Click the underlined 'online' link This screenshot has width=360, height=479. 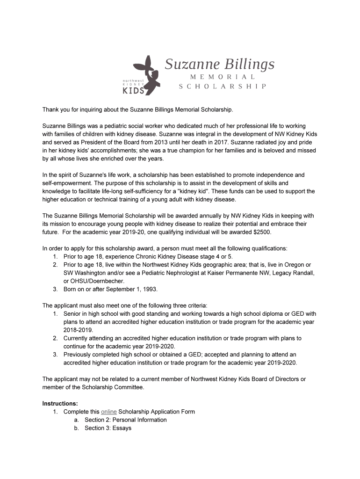point(108,412)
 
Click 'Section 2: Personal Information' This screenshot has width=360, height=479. point(125,420)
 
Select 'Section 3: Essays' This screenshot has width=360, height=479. point(108,428)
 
